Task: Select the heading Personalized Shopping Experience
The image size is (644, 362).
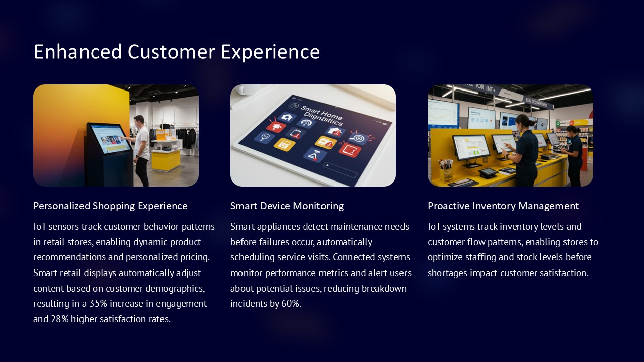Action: coord(110,206)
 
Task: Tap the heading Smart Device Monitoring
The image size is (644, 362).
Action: coord(287,206)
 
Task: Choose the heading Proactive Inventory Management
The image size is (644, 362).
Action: coord(503,206)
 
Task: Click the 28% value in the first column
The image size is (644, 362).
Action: coord(60,319)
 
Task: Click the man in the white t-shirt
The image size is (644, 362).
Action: coord(141,148)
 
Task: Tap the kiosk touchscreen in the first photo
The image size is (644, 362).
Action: coord(109,138)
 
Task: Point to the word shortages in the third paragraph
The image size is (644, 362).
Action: coord(449,273)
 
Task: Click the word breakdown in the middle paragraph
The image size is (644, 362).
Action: coord(384,289)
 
